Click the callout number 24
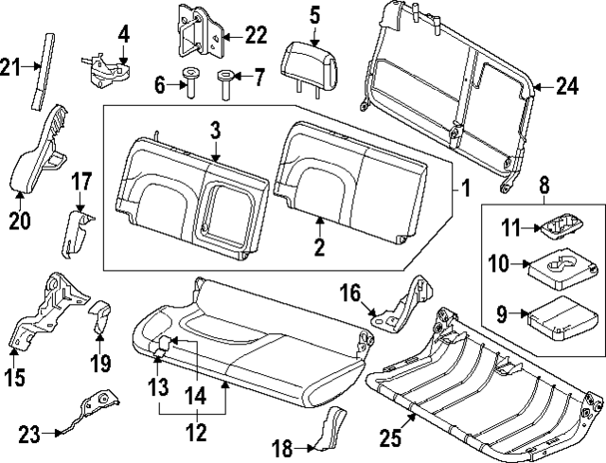[566, 87]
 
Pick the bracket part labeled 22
[195, 33]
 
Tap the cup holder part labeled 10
[558, 267]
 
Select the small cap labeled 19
[101, 317]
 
